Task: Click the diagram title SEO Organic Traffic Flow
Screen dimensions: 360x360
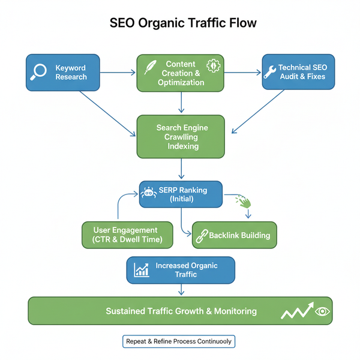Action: click(183, 23)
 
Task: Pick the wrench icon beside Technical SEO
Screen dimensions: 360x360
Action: click(269, 73)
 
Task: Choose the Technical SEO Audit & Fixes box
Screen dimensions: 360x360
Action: click(298, 73)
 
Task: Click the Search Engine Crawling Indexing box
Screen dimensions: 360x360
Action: click(181, 137)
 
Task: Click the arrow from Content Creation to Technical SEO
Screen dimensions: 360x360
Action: click(244, 73)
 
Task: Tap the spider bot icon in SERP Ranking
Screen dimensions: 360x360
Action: click(149, 192)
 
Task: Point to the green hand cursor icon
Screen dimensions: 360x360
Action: click(243, 201)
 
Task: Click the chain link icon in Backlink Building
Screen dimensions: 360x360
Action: click(201, 236)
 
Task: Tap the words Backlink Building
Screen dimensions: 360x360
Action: click(239, 235)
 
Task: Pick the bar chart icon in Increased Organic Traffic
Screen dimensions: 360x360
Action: click(142, 270)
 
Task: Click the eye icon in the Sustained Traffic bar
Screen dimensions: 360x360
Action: click(323, 311)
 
